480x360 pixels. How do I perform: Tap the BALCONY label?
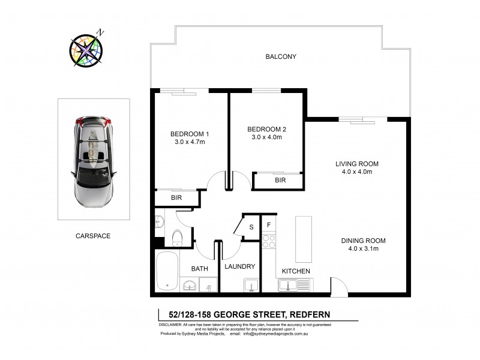(281, 57)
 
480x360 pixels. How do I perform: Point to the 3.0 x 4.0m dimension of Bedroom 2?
(265, 137)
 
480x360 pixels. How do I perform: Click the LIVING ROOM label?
(357, 164)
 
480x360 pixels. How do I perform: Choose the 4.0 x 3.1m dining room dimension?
(363, 249)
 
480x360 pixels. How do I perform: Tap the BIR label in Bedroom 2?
(280, 179)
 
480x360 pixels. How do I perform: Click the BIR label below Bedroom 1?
(176, 197)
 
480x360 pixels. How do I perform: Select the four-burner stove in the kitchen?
(269, 241)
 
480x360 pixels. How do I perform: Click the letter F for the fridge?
(269, 225)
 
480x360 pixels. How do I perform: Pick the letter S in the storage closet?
(251, 227)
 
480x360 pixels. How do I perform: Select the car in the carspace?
(94, 159)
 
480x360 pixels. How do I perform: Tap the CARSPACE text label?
(93, 236)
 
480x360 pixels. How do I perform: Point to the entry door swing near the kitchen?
(338, 286)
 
